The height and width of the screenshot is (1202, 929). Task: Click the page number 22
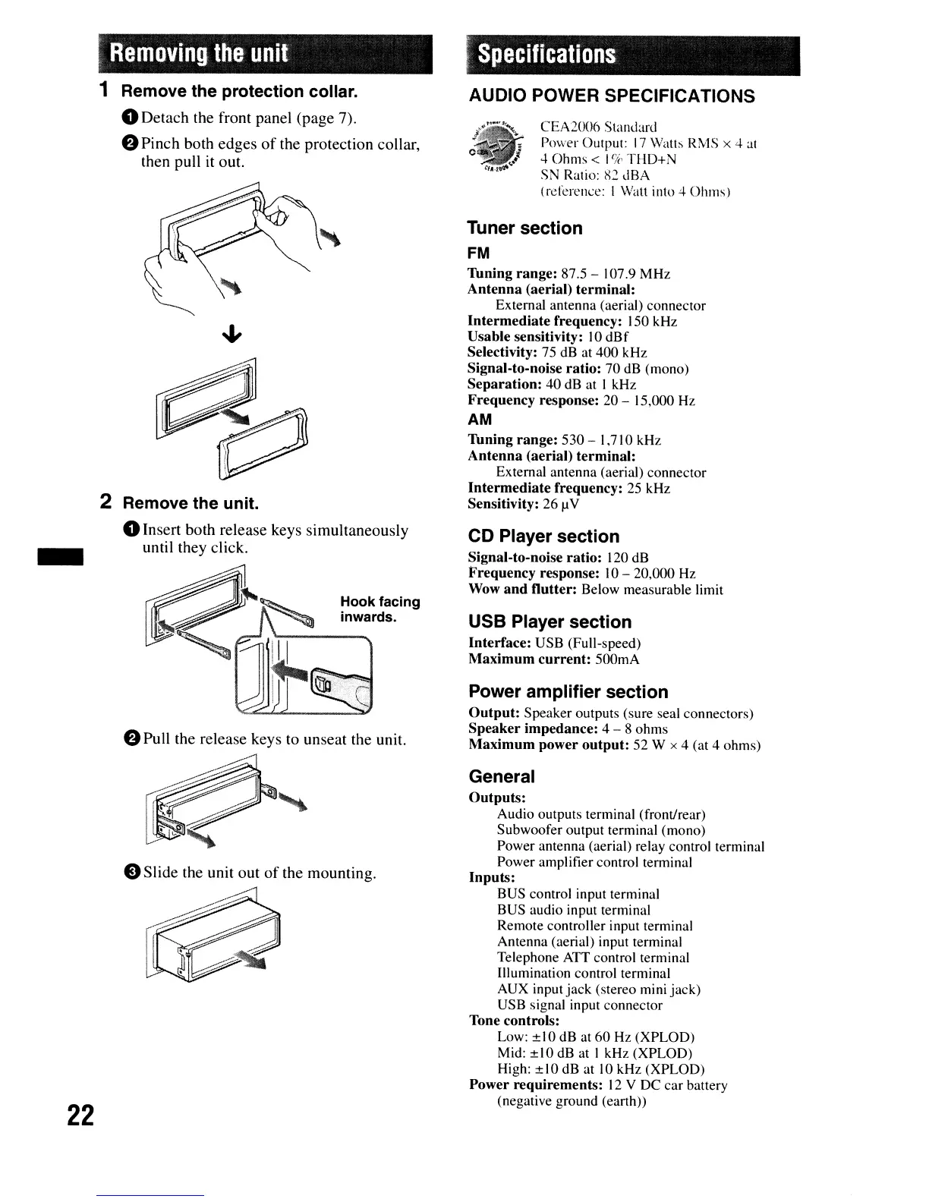click(x=80, y=1115)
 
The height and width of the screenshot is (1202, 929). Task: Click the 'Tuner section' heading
click(x=525, y=228)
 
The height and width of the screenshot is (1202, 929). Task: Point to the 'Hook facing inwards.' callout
click(x=379, y=609)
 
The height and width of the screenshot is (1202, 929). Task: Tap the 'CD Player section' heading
click(x=543, y=536)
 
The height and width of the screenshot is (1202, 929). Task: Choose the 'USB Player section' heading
click(x=550, y=622)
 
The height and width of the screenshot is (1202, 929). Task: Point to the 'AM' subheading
click(x=480, y=420)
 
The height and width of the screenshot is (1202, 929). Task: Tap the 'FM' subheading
click(x=479, y=253)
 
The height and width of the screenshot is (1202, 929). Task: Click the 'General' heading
click(x=502, y=777)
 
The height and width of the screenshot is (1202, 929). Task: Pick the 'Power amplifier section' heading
click(x=568, y=692)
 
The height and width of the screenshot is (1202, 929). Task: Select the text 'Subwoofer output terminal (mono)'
click(x=601, y=830)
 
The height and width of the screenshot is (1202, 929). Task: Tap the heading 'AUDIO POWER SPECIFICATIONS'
click(x=612, y=96)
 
